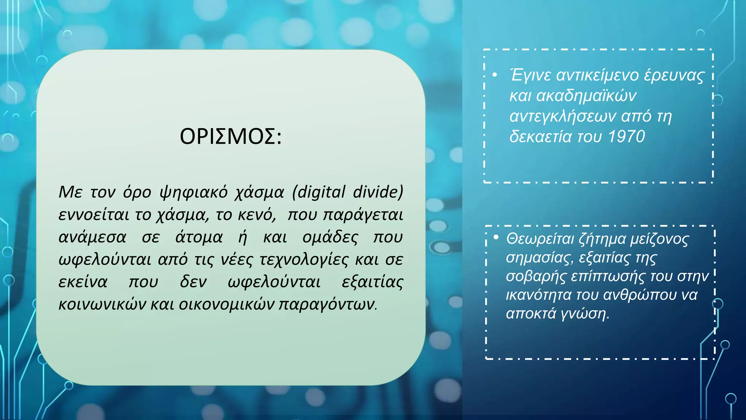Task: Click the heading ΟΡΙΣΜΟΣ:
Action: pyautogui.click(x=231, y=137)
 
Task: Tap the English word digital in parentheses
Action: pyautogui.click(x=321, y=192)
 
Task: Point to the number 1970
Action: pyautogui.click(x=627, y=137)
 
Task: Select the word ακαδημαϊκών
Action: pyautogui.click(x=586, y=96)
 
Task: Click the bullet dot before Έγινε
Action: pyautogui.click(x=495, y=75)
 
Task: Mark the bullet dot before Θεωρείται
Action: pyautogui.click(x=496, y=237)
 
